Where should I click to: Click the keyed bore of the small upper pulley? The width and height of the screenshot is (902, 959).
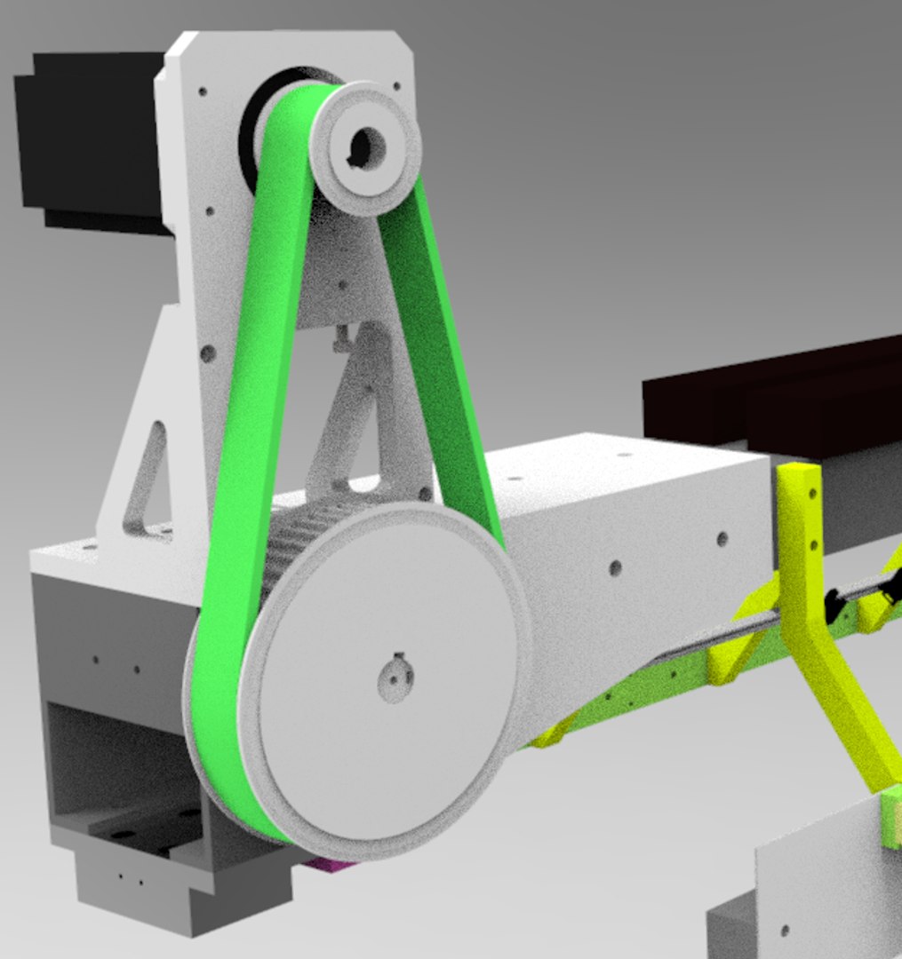pyautogui.click(x=366, y=146)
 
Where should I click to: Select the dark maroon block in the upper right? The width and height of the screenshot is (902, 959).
pyautogui.click(x=773, y=391)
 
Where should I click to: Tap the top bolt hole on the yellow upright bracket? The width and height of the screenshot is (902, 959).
pyautogui.click(x=810, y=492)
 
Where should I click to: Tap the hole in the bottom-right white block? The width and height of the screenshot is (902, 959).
pyautogui.click(x=784, y=931)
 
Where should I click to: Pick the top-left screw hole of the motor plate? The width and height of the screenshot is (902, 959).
pyautogui.click(x=203, y=91)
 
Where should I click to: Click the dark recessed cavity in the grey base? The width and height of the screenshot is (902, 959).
pyautogui.click(x=116, y=764)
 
